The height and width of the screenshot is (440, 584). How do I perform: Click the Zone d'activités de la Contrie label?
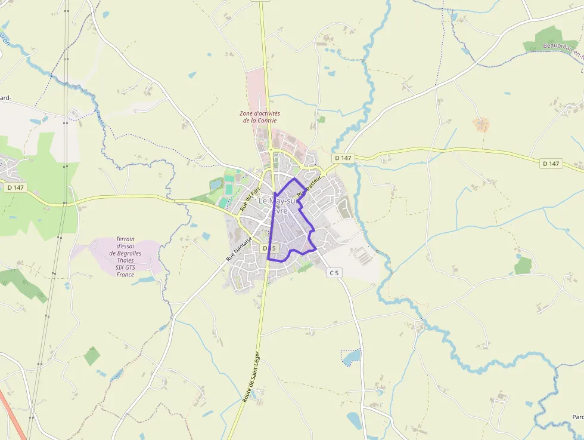tap(260, 117)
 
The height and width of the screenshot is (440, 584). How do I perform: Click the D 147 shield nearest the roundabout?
tap(344, 158)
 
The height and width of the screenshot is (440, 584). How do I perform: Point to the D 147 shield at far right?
tap(551, 163)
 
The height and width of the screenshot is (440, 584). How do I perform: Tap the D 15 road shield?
tap(269, 248)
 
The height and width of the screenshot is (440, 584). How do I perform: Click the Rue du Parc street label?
tap(251, 201)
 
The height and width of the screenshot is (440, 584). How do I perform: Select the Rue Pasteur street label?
tap(309, 186)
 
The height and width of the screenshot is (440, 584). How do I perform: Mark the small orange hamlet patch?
tap(481, 124)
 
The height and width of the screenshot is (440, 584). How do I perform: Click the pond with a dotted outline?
tap(352, 357)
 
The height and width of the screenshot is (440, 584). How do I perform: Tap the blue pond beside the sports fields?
tap(215, 185)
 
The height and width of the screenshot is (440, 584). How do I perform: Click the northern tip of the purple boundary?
tap(294, 179)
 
